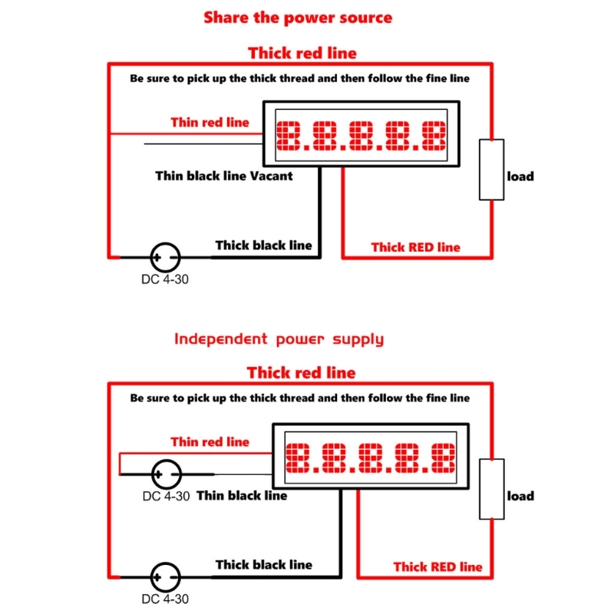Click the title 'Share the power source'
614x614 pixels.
point(298,18)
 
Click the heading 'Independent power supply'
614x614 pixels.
point(278,338)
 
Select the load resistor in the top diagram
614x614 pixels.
point(492,170)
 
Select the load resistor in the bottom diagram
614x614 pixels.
point(492,489)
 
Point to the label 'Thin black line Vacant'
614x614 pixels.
point(224,176)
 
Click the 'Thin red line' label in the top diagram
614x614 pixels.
point(210,122)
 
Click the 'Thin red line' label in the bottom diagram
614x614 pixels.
point(210,441)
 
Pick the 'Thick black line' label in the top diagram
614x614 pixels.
point(263,245)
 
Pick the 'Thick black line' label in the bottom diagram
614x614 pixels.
point(263,564)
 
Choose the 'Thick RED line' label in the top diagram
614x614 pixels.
point(415,247)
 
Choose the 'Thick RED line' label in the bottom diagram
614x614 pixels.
point(437,566)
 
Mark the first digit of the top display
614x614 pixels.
point(292,136)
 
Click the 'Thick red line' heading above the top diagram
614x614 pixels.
point(302,53)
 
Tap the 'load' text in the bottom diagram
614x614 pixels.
point(520,496)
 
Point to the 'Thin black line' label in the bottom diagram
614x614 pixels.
point(242,496)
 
